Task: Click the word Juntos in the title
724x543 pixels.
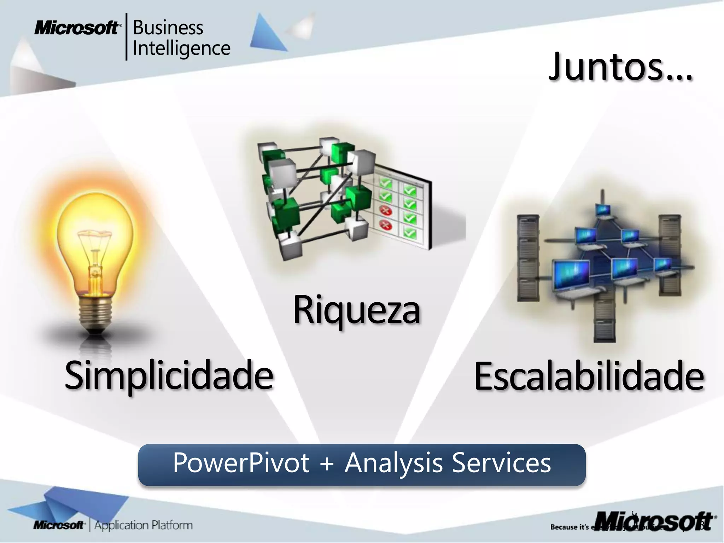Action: click(606, 67)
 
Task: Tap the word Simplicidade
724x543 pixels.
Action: click(169, 375)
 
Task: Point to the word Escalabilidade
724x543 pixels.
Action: click(589, 377)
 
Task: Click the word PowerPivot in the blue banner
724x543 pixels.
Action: click(241, 463)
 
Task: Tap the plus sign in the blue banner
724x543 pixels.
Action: click(327, 463)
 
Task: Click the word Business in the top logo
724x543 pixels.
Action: click(168, 28)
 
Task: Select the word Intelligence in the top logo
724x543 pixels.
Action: click(181, 49)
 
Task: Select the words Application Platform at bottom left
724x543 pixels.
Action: click(144, 525)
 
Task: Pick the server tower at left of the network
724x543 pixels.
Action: click(528, 258)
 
